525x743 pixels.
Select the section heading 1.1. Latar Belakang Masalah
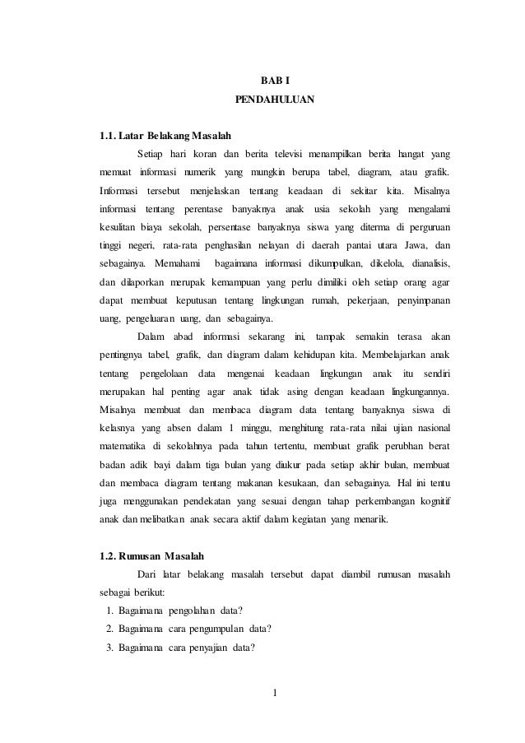[165, 134]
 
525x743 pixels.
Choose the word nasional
[432, 428]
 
